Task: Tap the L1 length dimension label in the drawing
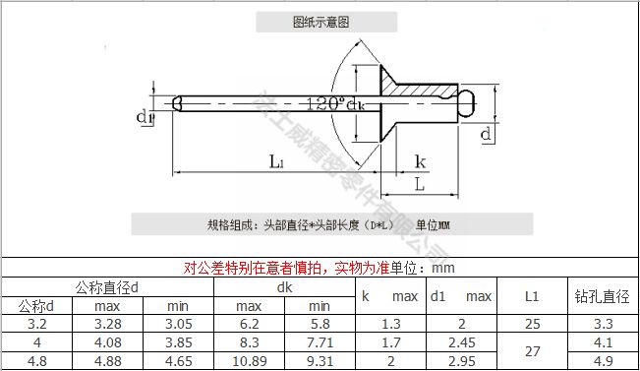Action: pos(277,162)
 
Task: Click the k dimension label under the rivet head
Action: pos(420,161)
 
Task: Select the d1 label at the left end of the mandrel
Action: pos(145,118)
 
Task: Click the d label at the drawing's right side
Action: pos(485,133)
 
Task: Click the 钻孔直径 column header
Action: pos(601,295)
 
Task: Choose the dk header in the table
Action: pos(284,287)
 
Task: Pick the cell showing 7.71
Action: pos(320,342)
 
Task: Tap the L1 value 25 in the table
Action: pos(532,324)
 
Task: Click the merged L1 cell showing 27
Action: pos(532,351)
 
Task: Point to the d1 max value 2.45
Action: pos(460,342)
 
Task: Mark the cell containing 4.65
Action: pos(178,361)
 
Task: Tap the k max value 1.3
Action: pos(390,324)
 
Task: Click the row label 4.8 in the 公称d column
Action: pos(37,361)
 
